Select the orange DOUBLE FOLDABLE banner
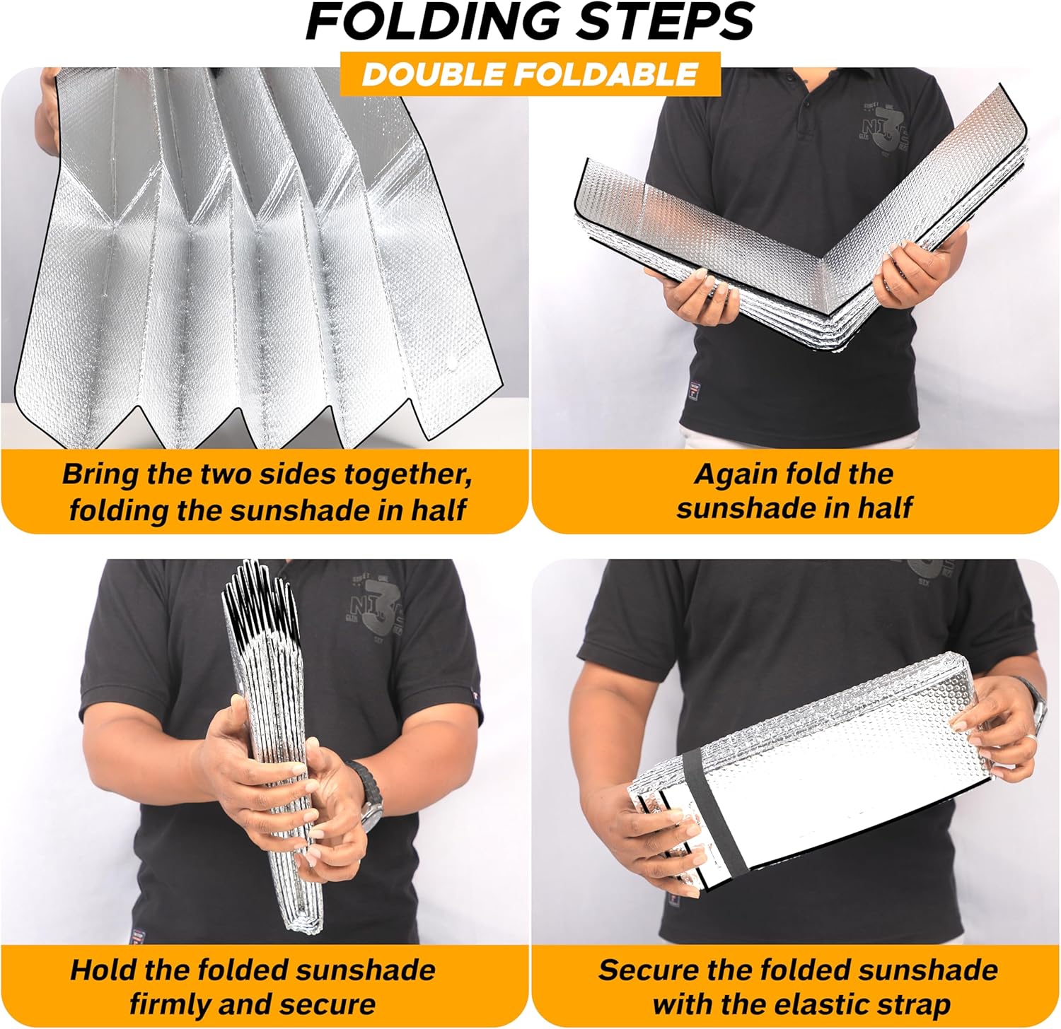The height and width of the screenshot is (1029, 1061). coord(530,74)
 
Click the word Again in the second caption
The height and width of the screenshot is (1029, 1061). coord(733,474)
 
